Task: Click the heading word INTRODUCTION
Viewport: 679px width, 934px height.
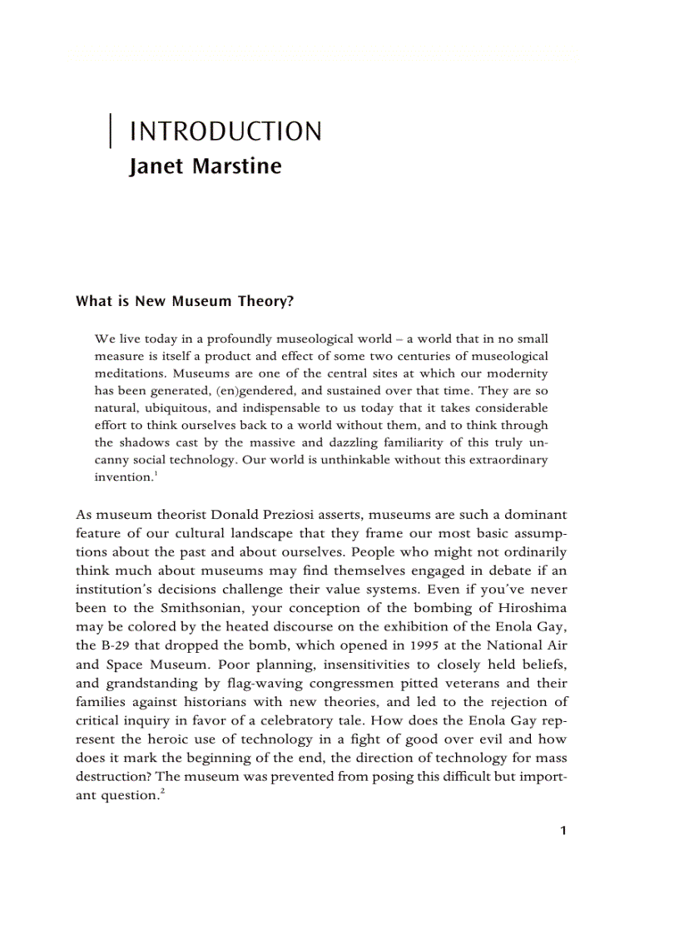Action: pos(226,131)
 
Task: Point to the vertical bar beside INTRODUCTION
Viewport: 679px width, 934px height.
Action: pos(111,131)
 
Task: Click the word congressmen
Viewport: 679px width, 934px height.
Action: pos(346,684)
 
